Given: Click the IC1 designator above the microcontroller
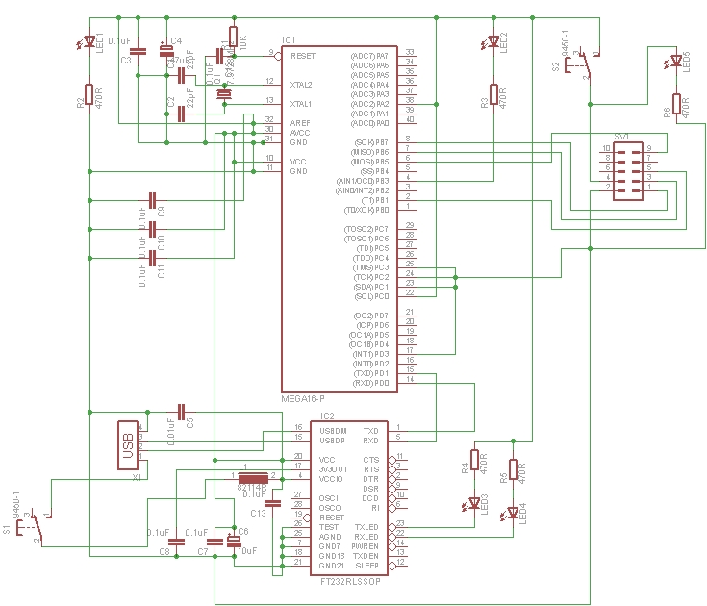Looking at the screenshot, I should click(289, 39).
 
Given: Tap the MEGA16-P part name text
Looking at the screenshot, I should click(303, 398).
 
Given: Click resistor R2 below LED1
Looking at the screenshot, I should click(88, 94).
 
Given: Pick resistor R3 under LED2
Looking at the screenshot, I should click(493, 93).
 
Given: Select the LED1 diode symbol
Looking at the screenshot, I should click(88, 42).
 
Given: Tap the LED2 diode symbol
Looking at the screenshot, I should click(493, 42).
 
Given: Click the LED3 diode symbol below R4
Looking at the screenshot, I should click(474, 501).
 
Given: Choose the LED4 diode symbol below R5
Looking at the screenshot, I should click(513, 513).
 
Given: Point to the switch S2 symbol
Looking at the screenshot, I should click(577, 63).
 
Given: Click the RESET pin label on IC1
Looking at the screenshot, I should click(302, 56).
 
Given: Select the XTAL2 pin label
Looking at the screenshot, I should click(301, 85).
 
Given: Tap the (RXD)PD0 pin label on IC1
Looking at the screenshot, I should click(372, 383).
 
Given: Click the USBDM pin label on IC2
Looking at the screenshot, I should click(333, 430).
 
